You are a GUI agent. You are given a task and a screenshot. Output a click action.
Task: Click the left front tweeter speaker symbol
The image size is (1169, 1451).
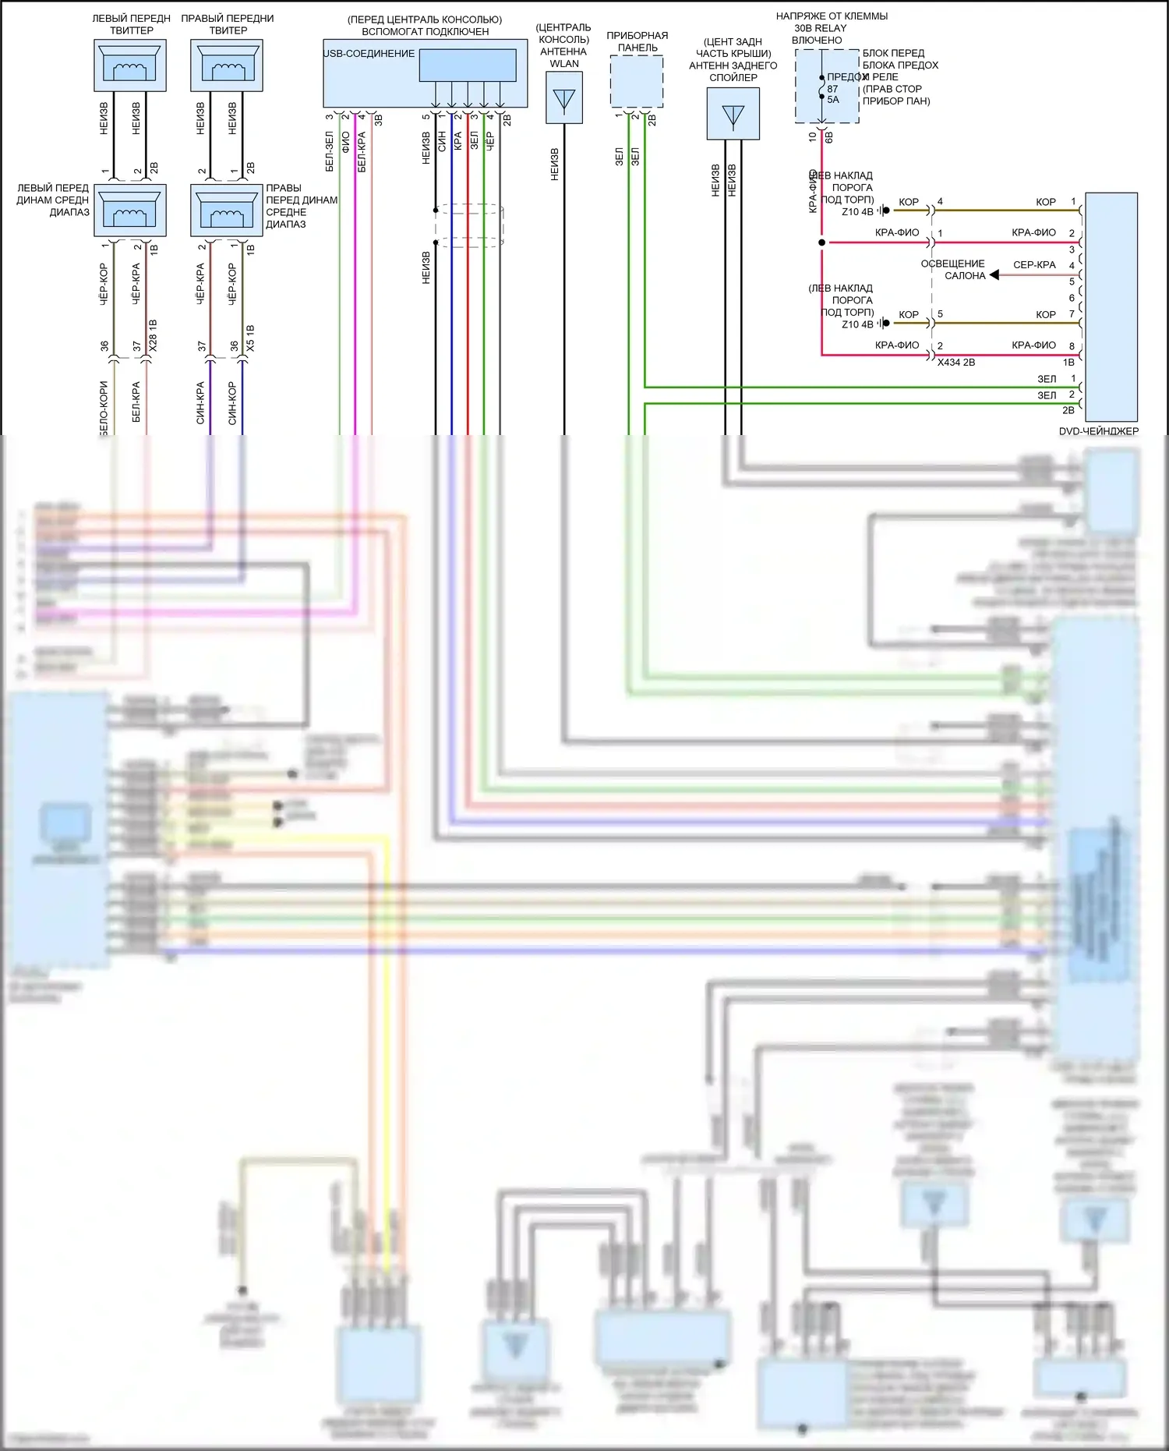[x=130, y=65]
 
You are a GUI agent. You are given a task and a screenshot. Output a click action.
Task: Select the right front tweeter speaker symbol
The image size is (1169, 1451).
[x=227, y=65]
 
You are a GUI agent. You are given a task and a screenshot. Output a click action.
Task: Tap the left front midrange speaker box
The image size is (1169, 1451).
[x=130, y=210]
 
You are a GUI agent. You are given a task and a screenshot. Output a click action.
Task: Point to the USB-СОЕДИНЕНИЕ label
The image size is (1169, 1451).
[x=369, y=54]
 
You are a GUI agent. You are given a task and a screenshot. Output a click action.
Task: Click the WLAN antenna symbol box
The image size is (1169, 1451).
[x=563, y=98]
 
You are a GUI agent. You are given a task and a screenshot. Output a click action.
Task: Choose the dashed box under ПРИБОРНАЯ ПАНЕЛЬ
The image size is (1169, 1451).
[x=637, y=81]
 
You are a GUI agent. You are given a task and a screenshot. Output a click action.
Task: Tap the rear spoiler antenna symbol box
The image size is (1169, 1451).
[x=733, y=114]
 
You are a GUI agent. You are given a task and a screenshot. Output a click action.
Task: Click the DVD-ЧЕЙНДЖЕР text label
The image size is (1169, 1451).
[x=1098, y=431]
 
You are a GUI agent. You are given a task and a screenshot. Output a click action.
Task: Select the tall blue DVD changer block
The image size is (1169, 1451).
[x=1111, y=307]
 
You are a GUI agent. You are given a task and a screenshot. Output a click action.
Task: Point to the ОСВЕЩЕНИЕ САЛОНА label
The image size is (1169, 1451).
[x=953, y=270]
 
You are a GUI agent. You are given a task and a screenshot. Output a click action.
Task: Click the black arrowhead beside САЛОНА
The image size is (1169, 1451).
[x=994, y=275]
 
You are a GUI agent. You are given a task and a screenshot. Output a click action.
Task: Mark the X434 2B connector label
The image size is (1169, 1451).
[x=956, y=363]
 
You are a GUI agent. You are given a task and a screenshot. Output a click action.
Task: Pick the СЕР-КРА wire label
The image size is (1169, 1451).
[x=1034, y=265]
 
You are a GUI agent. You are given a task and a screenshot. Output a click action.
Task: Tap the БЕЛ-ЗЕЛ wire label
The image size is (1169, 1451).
[x=330, y=152]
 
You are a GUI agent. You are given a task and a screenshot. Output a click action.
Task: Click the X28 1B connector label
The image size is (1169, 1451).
[x=154, y=335]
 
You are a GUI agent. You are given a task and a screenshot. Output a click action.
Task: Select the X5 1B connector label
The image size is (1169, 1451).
[x=250, y=338]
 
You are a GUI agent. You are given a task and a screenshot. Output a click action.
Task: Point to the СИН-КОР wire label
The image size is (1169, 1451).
[x=232, y=403]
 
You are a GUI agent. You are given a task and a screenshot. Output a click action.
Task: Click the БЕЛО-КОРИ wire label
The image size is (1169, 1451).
[x=104, y=408]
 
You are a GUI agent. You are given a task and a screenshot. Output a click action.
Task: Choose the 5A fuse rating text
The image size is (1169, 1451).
[x=833, y=100]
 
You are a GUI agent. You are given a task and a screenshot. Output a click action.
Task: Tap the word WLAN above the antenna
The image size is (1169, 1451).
[x=563, y=64]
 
